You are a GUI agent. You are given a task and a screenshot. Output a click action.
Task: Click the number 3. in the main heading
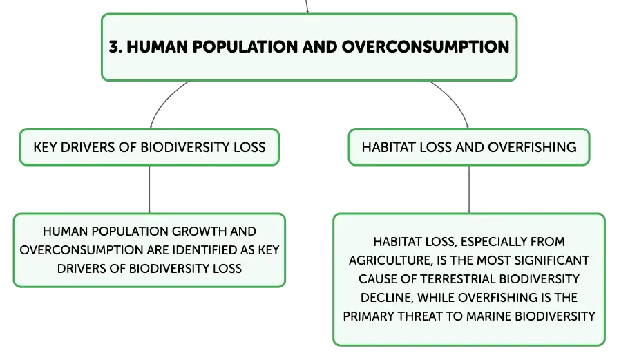click(115, 46)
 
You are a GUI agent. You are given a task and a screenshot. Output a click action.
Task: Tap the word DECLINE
click(386, 298)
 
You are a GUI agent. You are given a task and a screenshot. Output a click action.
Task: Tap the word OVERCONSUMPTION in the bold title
click(425, 46)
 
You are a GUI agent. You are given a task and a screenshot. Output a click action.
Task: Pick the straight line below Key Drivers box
click(150, 189)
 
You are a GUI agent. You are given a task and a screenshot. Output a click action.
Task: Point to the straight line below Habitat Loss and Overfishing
click(469, 189)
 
